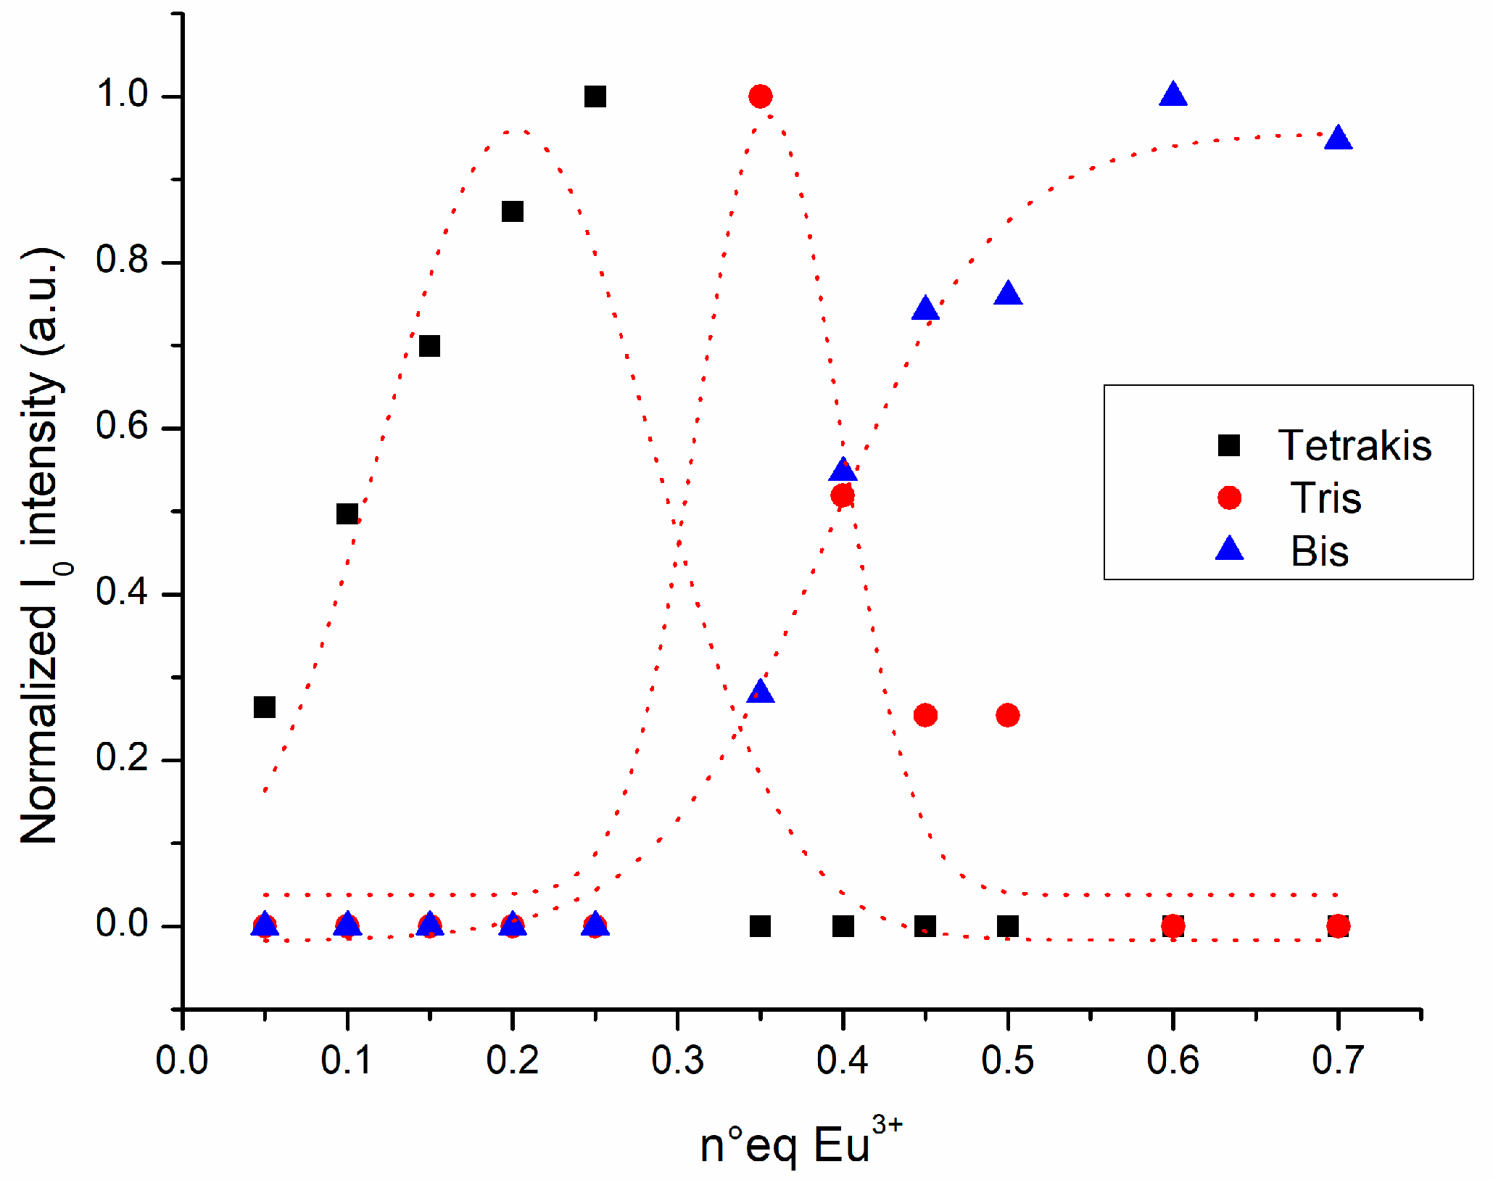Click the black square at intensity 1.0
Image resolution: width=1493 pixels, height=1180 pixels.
pos(595,96)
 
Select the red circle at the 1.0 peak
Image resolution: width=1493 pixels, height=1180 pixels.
pos(760,96)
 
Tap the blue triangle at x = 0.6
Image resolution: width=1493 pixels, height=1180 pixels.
pos(1173,95)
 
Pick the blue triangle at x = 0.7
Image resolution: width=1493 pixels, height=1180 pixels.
pos(1338,139)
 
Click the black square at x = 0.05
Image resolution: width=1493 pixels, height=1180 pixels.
pos(265,706)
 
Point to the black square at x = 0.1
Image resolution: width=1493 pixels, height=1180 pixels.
pos(347,514)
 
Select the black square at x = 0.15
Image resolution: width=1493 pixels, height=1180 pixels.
pos(429,346)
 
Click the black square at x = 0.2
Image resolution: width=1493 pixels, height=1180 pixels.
pos(512,212)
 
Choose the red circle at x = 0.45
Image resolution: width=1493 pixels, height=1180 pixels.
pos(925,715)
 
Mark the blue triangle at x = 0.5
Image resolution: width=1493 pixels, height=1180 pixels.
pos(1008,294)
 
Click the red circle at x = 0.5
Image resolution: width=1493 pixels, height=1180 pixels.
pos(1008,715)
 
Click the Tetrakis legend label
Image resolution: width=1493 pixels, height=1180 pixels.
pos(1355,445)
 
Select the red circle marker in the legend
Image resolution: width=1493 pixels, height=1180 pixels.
pos(1229,498)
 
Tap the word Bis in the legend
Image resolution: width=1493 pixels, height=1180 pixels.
pos(1320,551)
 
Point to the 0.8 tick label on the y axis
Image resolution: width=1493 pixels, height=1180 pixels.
pos(121,260)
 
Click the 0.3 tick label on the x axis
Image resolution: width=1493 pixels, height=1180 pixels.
pos(677,1060)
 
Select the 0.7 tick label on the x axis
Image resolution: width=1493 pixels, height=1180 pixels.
pos(1338,1060)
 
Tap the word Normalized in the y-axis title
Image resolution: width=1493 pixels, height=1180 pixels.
pos(40,725)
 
